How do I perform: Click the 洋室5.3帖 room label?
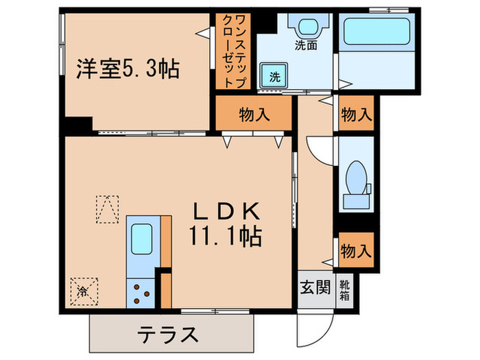coord(127,69)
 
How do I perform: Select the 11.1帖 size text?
coord(224,237)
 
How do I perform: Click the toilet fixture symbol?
coord(356,179)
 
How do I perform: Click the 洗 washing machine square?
coord(274,75)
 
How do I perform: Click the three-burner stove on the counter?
coord(141,293)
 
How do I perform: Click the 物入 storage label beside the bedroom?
coord(254,115)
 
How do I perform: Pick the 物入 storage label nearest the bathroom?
coord(356,115)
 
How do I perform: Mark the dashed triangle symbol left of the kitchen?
coord(106,208)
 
